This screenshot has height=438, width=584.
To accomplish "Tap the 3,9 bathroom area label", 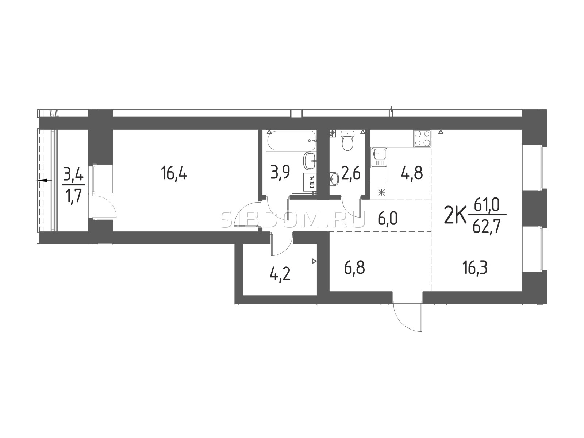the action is click(280, 172).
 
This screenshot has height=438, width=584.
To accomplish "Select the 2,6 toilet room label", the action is click(350, 173).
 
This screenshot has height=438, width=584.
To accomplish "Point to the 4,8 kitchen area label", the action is click(412, 173).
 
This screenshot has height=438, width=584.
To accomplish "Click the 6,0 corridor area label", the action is click(387, 219).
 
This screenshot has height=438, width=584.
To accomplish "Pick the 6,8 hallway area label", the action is click(354, 268).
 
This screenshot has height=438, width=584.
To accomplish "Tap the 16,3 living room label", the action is click(474, 268).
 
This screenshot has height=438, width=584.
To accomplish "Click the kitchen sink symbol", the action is click(379, 157).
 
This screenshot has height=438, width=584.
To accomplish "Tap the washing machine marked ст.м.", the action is click(311, 182).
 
